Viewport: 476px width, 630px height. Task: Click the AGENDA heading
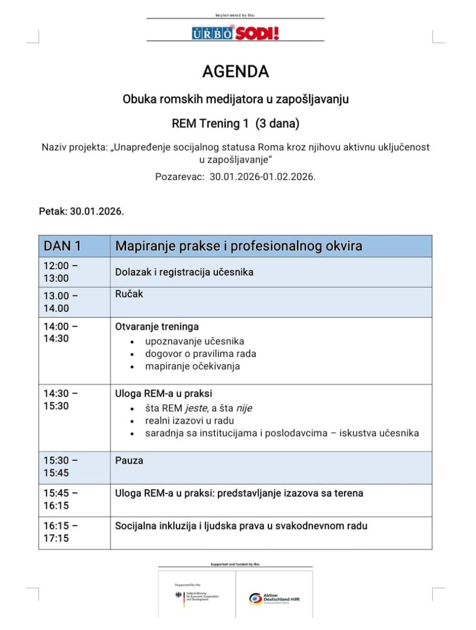235,71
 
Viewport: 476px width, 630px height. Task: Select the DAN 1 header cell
63,246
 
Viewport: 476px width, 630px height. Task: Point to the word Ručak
129,294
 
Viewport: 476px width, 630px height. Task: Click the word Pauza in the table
129,460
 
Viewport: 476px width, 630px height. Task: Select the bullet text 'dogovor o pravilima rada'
201,353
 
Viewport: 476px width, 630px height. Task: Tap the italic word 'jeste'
195,408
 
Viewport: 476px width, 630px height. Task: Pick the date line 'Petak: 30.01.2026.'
81,212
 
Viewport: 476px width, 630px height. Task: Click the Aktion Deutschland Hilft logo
274,599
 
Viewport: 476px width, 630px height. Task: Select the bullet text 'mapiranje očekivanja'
192,366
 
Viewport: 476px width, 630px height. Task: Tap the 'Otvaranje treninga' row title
157,327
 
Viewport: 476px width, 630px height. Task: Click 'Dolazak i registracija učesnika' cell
184,272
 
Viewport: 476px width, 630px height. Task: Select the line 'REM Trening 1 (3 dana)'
235,124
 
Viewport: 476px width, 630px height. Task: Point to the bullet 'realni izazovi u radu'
190,421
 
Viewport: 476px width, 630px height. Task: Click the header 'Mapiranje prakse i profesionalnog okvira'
239,246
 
